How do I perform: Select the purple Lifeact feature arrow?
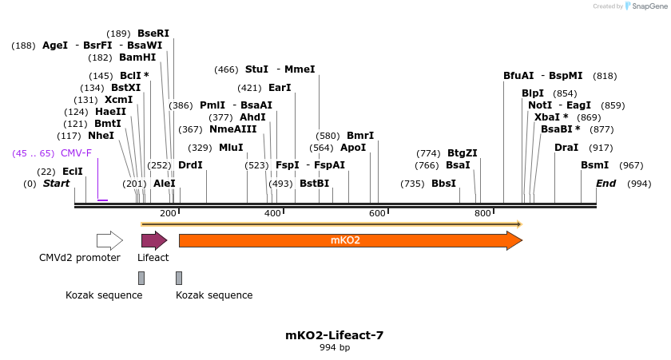coord(153,240)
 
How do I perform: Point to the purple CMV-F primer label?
coord(76,153)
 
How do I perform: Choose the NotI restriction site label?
coord(540,105)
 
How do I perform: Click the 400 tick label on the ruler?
coord(272,213)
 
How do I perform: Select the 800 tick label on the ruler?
coord(482,213)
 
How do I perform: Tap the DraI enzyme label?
coord(566,148)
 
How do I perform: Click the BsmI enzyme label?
coord(594,165)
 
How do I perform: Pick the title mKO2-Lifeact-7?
coord(335,335)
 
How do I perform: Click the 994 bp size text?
coord(335,348)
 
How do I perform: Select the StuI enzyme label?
coord(256,69)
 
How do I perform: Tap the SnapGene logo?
coord(646,6)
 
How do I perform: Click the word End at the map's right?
coord(606,184)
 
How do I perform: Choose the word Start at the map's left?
coord(56,184)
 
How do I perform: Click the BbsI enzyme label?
coord(443,184)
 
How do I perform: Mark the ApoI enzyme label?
coord(353,148)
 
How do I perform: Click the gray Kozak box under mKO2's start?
coord(179,278)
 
